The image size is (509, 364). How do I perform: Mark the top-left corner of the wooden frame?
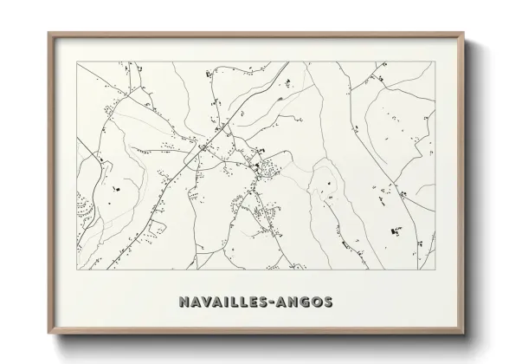48,33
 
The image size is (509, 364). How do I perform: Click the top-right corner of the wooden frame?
462,33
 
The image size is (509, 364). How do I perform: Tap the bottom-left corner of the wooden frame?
48,335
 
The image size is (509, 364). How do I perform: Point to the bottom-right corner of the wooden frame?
462,335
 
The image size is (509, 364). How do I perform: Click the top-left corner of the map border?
77,62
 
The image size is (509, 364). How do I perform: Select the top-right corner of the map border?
434,62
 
